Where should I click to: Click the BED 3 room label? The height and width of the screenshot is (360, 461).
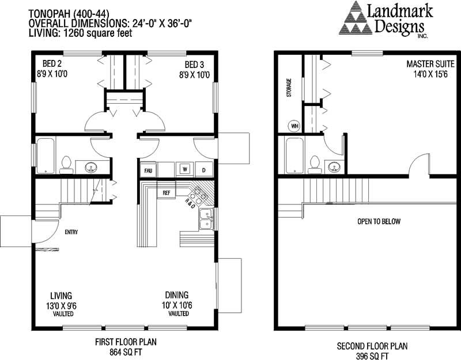click(194, 64)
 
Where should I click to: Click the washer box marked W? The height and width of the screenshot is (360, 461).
click(185, 169)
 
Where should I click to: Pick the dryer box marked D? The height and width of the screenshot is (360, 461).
click(203, 169)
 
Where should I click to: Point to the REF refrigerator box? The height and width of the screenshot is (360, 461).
click(167, 192)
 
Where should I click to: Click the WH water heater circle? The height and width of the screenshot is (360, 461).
click(294, 125)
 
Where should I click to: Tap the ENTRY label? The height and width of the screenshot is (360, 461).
click(71, 233)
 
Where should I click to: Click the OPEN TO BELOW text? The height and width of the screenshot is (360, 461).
click(378, 222)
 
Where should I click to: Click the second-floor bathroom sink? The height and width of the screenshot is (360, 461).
click(335, 167)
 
